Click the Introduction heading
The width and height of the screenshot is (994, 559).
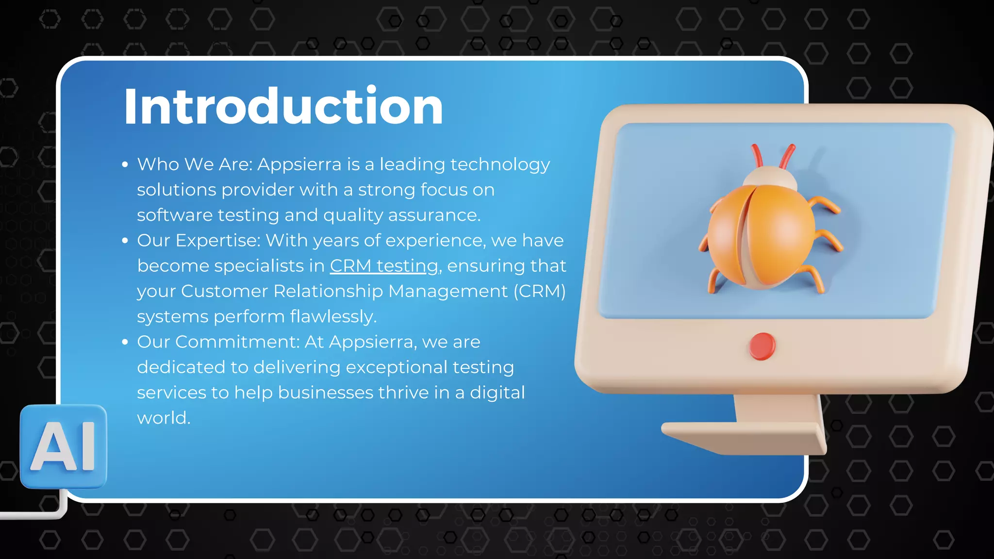point(283,106)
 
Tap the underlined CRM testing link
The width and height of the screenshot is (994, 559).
point(384,266)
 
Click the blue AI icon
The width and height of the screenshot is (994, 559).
point(64,446)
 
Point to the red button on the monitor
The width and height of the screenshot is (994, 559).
point(762,346)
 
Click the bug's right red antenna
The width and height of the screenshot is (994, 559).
point(787,155)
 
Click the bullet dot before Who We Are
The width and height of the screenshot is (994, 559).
point(125,165)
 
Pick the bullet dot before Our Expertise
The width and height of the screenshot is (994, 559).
point(125,241)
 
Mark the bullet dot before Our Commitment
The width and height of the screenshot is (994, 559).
point(125,342)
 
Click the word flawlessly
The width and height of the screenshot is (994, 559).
point(333,317)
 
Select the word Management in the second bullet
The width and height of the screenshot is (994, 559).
point(447,291)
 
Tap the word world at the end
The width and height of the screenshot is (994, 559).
point(163,418)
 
